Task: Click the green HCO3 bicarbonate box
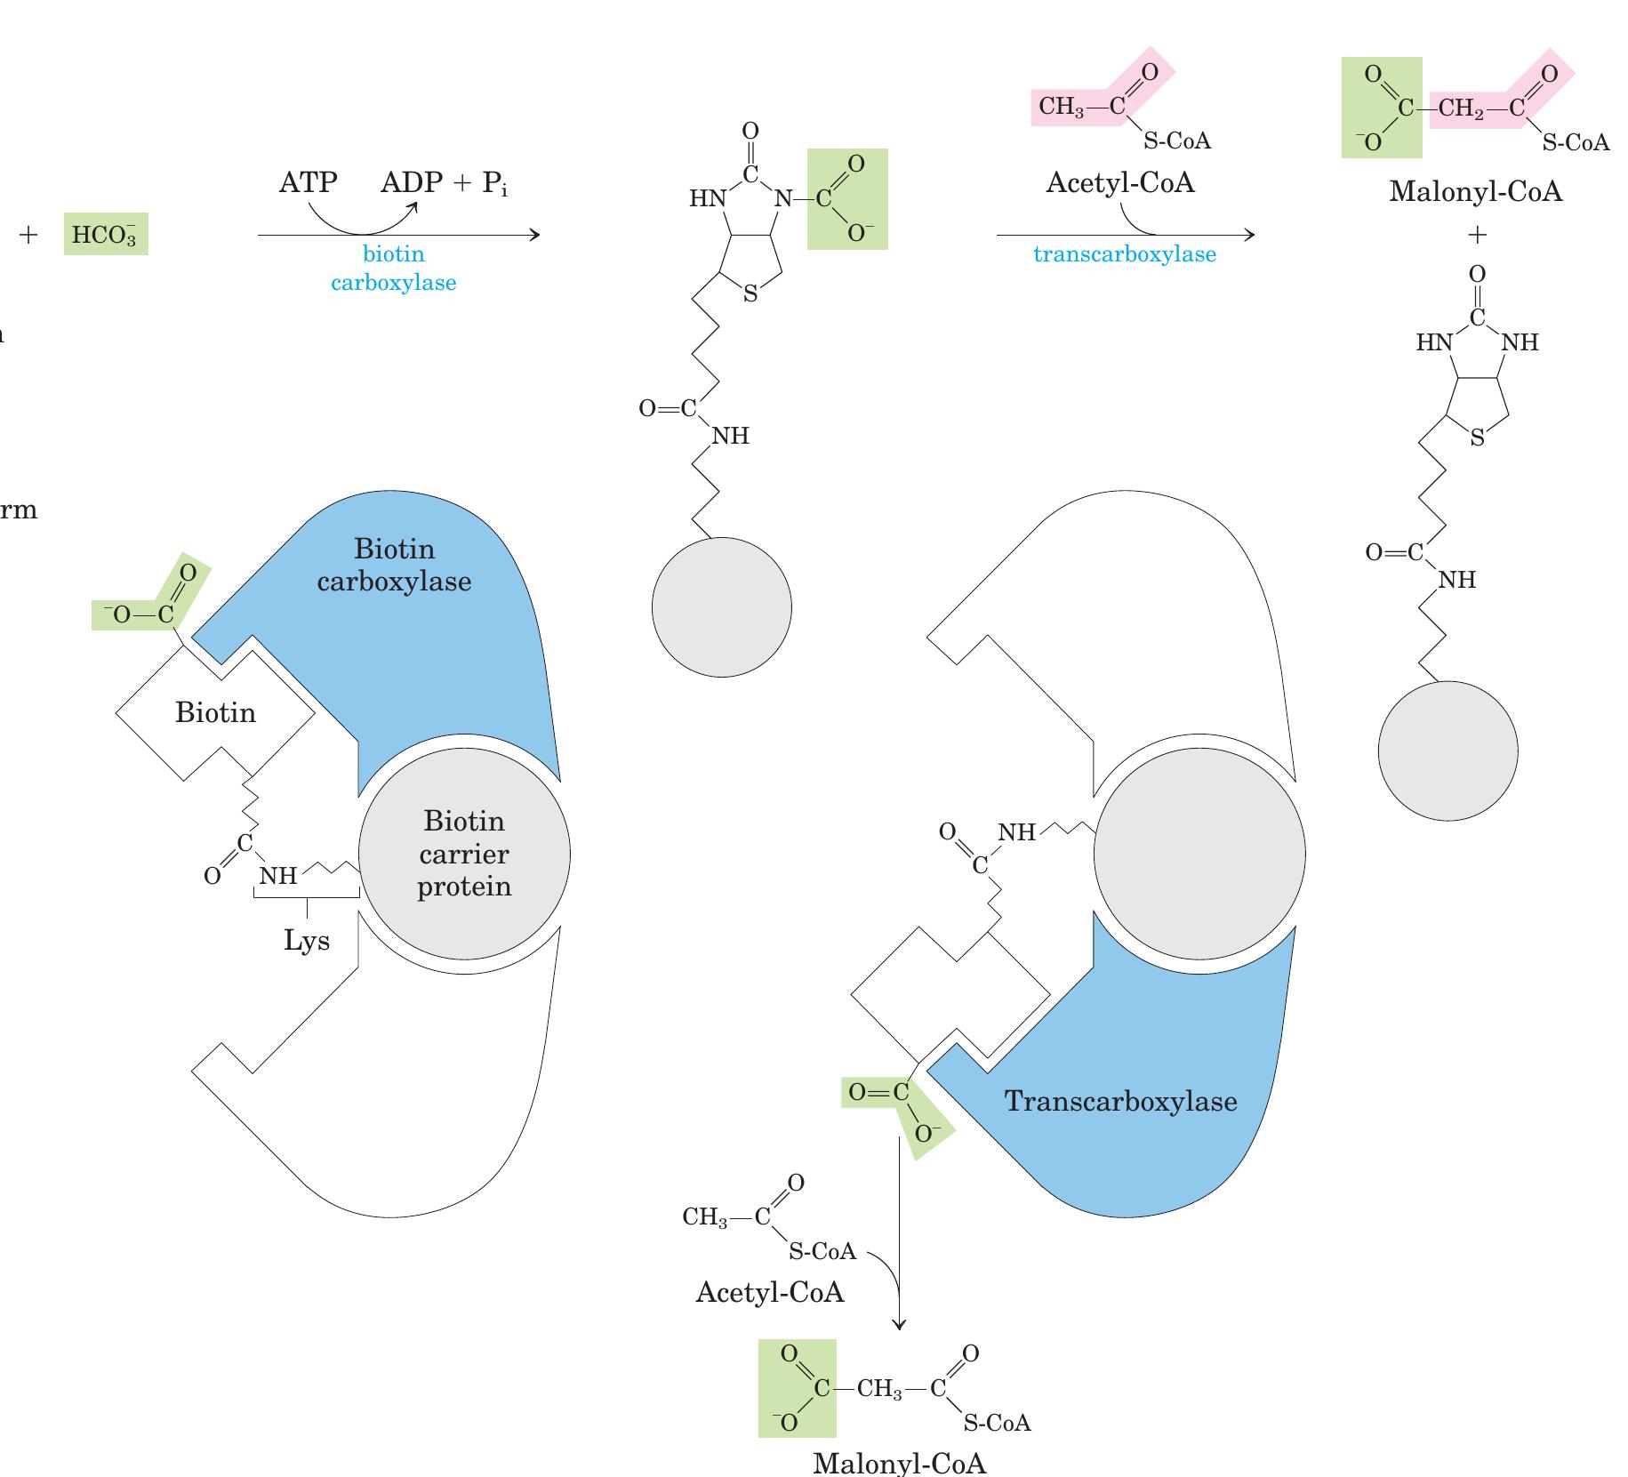click(106, 234)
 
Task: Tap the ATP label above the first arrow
click(308, 182)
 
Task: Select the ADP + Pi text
click(444, 183)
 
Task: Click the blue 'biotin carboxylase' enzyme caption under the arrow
click(393, 268)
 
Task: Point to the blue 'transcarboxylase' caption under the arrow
click(1124, 254)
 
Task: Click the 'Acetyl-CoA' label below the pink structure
click(1119, 182)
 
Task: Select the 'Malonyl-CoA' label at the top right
click(1475, 191)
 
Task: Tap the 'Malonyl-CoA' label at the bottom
click(899, 1463)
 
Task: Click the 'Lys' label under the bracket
click(307, 940)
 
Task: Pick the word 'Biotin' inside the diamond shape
click(215, 712)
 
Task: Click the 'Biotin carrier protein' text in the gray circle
click(464, 854)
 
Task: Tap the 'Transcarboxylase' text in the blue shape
click(1120, 1101)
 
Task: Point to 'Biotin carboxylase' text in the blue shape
click(394, 565)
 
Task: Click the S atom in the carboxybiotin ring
click(750, 294)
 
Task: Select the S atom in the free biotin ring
click(1477, 437)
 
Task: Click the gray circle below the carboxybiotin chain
click(721, 607)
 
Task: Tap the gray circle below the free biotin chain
click(1448, 751)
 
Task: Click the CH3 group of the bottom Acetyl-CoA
click(705, 1216)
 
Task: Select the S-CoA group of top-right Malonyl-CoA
click(1576, 142)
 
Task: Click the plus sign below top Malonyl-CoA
click(1476, 235)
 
